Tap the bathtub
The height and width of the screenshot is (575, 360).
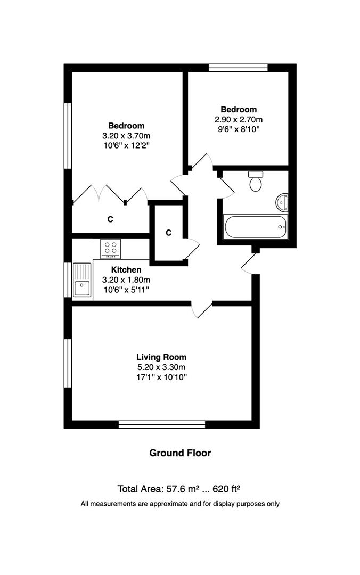(256, 227)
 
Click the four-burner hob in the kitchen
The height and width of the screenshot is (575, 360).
(111, 248)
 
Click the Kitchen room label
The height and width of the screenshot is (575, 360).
(126, 270)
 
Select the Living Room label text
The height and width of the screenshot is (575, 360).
(161, 357)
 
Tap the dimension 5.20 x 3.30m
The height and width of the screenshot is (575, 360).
(161, 367)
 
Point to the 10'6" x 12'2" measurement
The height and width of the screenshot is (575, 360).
(127, 145)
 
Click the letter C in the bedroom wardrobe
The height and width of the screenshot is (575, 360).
(111, 219)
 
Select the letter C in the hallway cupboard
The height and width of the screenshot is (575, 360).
(168, 233)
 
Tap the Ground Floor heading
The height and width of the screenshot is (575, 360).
(180, 453)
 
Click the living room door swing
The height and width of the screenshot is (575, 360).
(201, 310)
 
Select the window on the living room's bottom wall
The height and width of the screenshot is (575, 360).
(161, 424)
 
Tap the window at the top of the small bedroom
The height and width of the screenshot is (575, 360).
(238, 68)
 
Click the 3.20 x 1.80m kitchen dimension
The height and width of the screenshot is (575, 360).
(126, 280)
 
